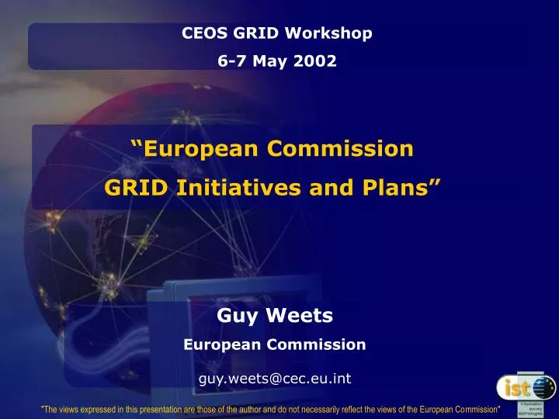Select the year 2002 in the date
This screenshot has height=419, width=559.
click(x=318, y=60)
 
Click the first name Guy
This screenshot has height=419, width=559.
click(x=234, y=314)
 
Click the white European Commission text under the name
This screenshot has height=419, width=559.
click(x=275, y=344)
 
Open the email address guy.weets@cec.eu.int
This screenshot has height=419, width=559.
click(x=275, y=379)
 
